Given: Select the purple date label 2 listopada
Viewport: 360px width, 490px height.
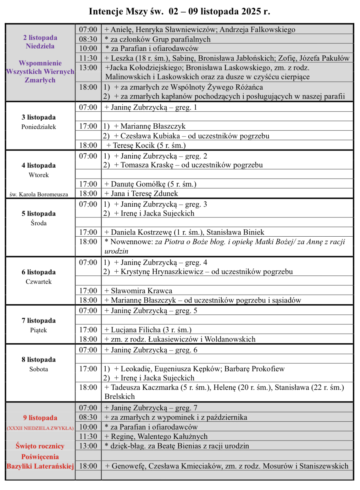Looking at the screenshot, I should click(40, 38).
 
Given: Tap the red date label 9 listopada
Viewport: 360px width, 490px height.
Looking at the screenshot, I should click(40, 418).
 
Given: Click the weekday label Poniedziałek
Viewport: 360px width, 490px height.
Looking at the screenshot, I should click(39, 127).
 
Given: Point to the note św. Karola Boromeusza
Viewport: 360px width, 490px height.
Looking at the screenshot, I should click(39, 194).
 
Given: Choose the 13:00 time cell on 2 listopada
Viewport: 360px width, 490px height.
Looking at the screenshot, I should click(88, 68).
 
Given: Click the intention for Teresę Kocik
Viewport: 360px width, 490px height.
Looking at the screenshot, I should click(146, 145).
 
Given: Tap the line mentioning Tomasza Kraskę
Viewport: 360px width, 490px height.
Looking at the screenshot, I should click(188, 165).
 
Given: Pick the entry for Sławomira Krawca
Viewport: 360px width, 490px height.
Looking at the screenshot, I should click(138, 291).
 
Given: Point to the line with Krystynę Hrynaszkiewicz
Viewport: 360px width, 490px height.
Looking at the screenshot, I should click(203, 272).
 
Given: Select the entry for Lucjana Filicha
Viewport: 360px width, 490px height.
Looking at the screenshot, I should click(148, 330).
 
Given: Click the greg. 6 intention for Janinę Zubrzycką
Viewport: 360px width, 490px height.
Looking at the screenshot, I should click(151, 350).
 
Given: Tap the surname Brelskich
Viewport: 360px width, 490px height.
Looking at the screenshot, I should click(120, 397).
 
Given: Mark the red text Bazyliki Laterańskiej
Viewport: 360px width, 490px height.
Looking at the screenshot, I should click(40, 466).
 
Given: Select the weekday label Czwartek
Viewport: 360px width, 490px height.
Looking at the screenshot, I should click(39, 282).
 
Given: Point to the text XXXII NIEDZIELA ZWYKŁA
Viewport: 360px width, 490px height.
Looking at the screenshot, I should click(40, 428).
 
